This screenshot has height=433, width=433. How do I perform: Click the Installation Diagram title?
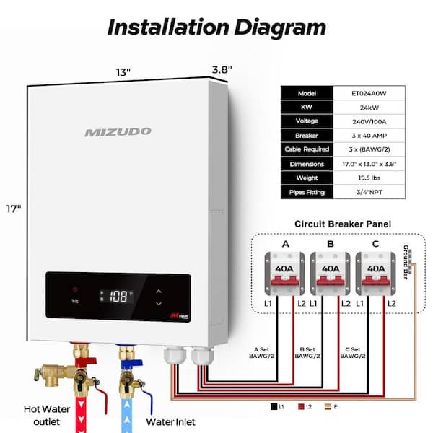pos(216,27)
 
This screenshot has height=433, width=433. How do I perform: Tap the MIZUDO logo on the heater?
pos(118,131)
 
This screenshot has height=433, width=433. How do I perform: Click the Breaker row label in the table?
pos(306,136)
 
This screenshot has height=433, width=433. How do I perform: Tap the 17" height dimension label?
pos(13,209)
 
